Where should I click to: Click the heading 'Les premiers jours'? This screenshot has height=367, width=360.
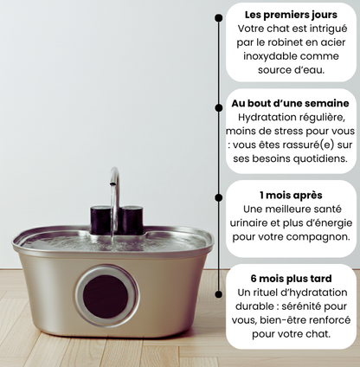point(291,15)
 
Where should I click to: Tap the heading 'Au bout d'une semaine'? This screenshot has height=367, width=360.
point(290,103)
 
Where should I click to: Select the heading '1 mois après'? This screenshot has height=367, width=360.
point(291,196)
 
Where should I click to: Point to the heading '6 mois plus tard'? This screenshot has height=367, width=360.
point(291,279)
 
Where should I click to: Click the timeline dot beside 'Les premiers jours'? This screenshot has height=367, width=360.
point(219,17)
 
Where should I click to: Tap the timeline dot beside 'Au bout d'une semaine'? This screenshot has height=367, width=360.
point(219,107)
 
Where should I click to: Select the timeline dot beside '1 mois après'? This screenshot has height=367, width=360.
point(219,197)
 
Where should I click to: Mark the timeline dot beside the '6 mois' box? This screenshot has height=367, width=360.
point(219,294)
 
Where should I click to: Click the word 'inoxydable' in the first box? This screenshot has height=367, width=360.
point(267,56)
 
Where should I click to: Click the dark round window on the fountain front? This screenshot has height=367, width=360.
point(106,296)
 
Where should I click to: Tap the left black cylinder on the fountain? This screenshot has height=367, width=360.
point(100,220)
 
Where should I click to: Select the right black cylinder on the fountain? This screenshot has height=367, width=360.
point(132,220)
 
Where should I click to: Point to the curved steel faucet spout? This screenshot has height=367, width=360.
point(115,184)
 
